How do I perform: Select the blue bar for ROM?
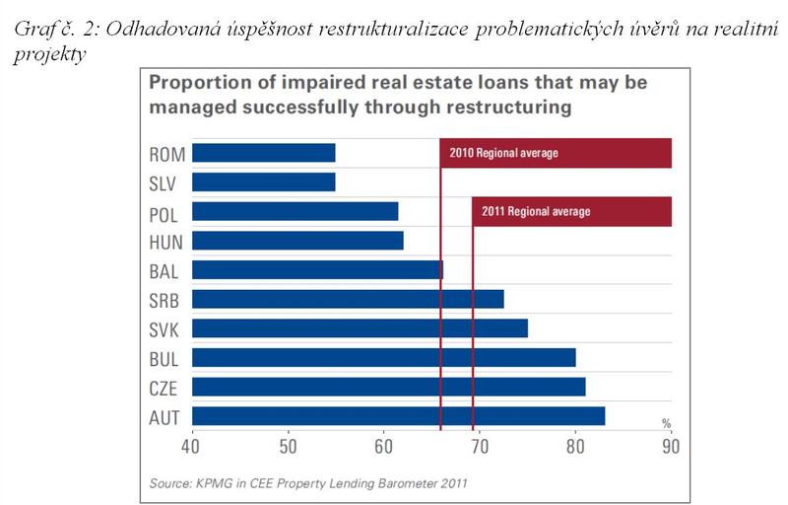coord(264,153)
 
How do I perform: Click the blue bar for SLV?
coord(264,182)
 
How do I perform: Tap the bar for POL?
coord(295,211)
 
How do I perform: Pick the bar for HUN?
coord(297,241)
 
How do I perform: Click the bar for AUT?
coord(399,416)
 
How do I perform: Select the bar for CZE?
coord(389,387)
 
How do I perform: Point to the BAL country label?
coord(164,270)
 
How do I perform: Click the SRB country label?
coord(164,300)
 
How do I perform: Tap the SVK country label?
coord(164,328)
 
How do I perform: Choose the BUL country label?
coord(164,358)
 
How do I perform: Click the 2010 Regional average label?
coord(503,153)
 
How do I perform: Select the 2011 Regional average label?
coord(536,211)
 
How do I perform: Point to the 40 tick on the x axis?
coord(191,446)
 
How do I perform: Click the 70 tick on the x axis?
coord(479,446)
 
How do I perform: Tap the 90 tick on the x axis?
coord(671,446)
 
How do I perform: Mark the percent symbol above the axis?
coord(666,423)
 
